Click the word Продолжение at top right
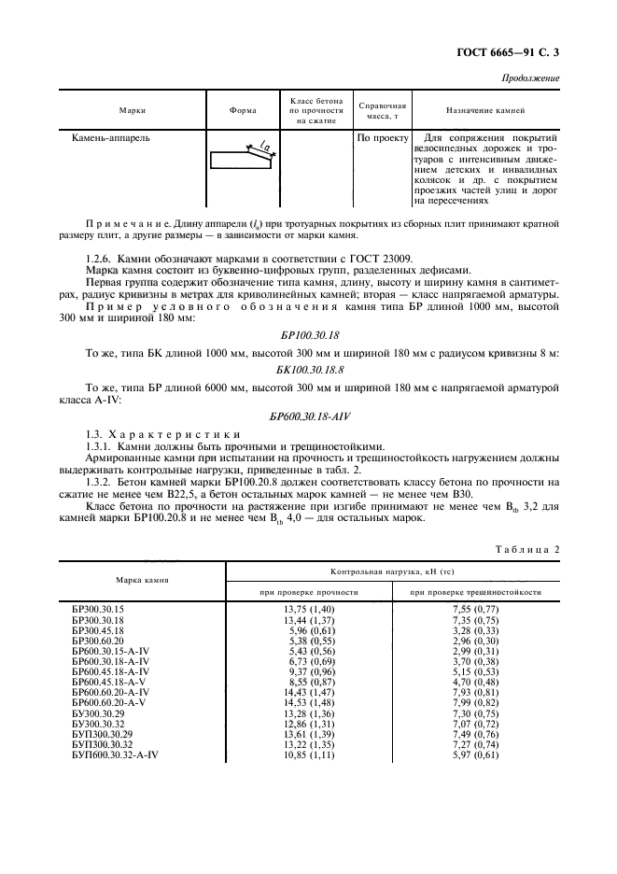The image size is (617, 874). pyautogui.click(x=530, y=78)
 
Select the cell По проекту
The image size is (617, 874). pyautogui.click(x=383, y=138)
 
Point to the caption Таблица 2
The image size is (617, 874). pyautogui.click(x=525, y=549)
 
